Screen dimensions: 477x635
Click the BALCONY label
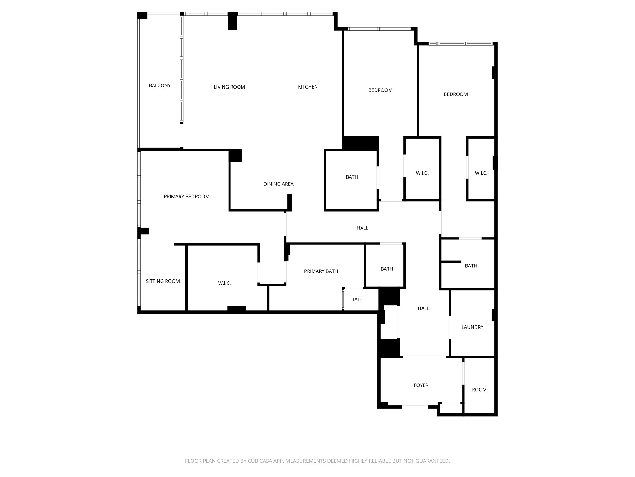click(160, 85)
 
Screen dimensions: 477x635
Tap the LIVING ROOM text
click(229, 87)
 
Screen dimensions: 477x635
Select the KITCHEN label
click(308, 87)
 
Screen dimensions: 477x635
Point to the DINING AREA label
click(278, 184)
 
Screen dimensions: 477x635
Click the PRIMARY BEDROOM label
click(186, 196)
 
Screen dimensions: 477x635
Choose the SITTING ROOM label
click(163, 281)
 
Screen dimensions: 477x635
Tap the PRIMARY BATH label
click(321, 271)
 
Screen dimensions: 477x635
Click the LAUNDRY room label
click(472, 327)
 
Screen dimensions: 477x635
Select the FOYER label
click(421, 385)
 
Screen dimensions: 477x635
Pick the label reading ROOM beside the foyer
click(479, 389)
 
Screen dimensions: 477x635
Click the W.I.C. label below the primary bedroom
click(224, 283)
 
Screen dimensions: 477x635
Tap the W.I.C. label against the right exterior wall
click(481, 173)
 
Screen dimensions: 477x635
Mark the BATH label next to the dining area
click(352, 177)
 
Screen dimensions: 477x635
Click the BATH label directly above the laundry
click(471, 266)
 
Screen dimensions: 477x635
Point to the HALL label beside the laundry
click(423, 308)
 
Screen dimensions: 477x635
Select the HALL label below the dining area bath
click(362, 228)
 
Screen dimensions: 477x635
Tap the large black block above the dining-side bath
click(361, 143)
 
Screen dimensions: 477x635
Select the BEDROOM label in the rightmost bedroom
click(455, 94)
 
